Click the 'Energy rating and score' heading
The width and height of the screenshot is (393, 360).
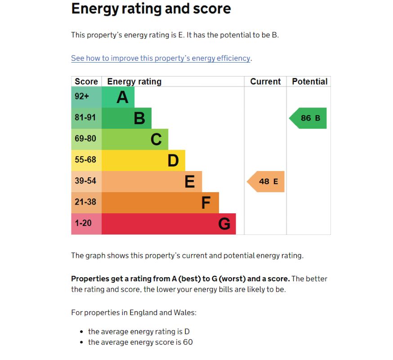151,9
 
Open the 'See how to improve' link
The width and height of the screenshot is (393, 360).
161,58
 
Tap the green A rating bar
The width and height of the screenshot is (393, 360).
118,97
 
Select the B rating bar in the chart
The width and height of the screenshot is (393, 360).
127,118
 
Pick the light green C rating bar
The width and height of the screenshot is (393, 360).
135,139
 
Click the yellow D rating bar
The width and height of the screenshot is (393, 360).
143,160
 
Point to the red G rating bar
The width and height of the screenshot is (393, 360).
169,224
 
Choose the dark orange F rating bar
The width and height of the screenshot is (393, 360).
160,202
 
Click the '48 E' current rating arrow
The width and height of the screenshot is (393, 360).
267,181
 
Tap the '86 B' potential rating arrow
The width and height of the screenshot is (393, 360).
309,118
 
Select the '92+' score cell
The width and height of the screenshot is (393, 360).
82,96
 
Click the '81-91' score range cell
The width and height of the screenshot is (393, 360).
85,117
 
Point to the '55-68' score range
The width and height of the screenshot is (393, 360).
85,160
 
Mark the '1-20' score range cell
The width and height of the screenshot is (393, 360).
83,223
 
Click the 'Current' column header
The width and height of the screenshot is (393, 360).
265,81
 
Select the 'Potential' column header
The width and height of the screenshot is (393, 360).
309,81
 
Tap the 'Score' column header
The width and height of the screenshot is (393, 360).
86,81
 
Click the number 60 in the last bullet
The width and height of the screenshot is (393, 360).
188,342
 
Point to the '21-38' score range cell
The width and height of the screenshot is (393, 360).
85,202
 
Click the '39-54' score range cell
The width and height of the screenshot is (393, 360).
85,181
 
